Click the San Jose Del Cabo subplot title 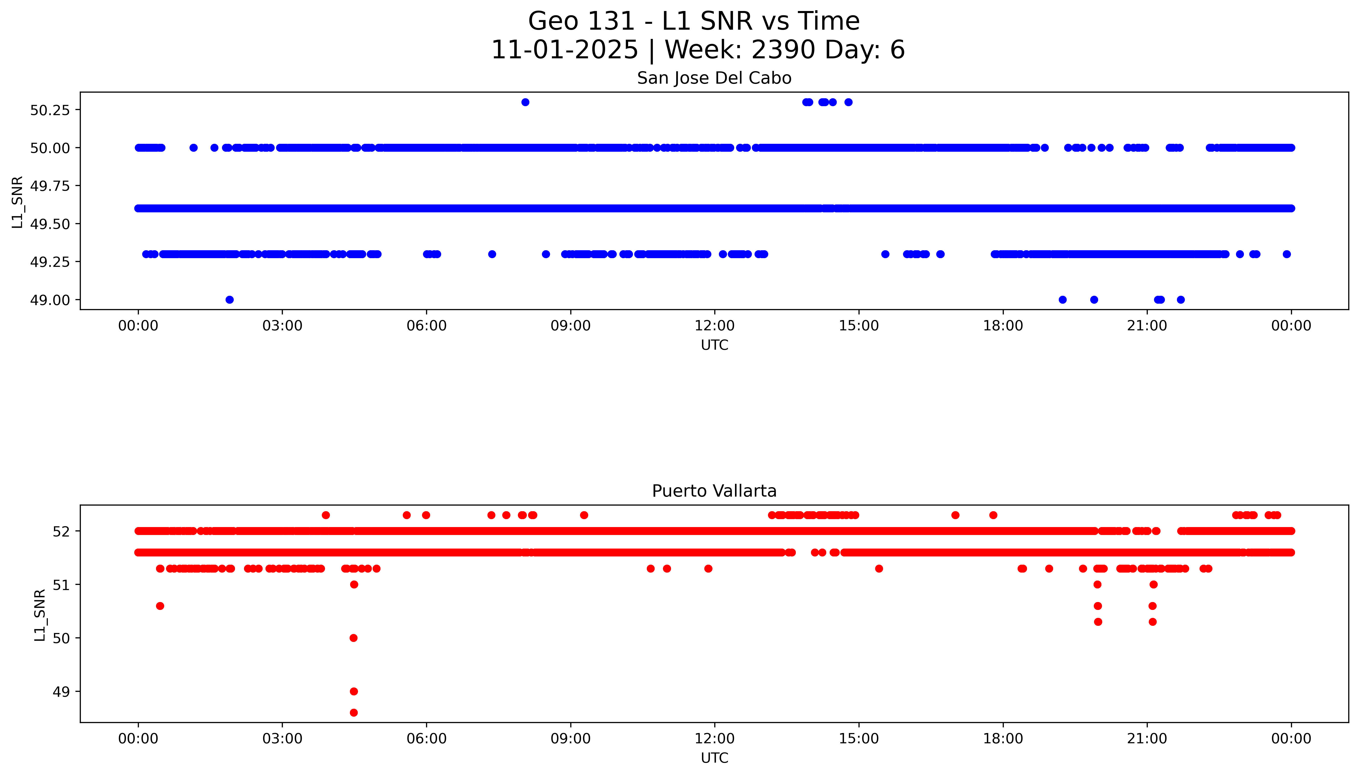pyautogui.click(x=714, y=78)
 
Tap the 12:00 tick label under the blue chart pyautogui.click(x=714, y=326)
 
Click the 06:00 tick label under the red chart pyautogui.click(x=426, y=739)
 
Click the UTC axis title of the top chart pyautogui.click(x=714, y=345)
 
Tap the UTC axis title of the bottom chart pyautogui.click(x=714, y=758)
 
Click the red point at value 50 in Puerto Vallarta pyautogui.click(x=353, y=638)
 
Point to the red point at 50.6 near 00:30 pyautogui.click(x=160, y=606)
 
